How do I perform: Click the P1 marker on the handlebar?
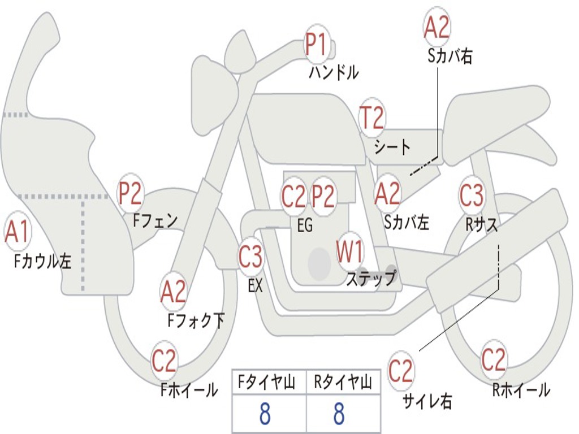tap(317, 44)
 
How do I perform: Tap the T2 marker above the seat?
tap(372, 118)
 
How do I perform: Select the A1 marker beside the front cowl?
tap(18, 231)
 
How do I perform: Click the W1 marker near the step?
tap(349, 251)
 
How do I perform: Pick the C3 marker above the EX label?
tap(251, 256)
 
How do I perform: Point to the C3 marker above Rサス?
tap(472, 194)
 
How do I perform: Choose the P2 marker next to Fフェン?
tap(131, 193)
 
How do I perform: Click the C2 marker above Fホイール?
tap(164, 360)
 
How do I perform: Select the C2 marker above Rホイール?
tap(493, 359)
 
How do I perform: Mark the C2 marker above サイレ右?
tap(400, 370)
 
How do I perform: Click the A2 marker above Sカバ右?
tap(437, 27)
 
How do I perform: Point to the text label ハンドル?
tap(334, 72)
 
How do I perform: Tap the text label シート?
tap(392, 147)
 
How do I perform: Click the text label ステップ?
tap(371, 278)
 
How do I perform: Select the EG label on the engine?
tap(305, 225)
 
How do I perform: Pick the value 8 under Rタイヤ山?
tap(339, 413)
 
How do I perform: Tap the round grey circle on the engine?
tap(319, 263)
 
